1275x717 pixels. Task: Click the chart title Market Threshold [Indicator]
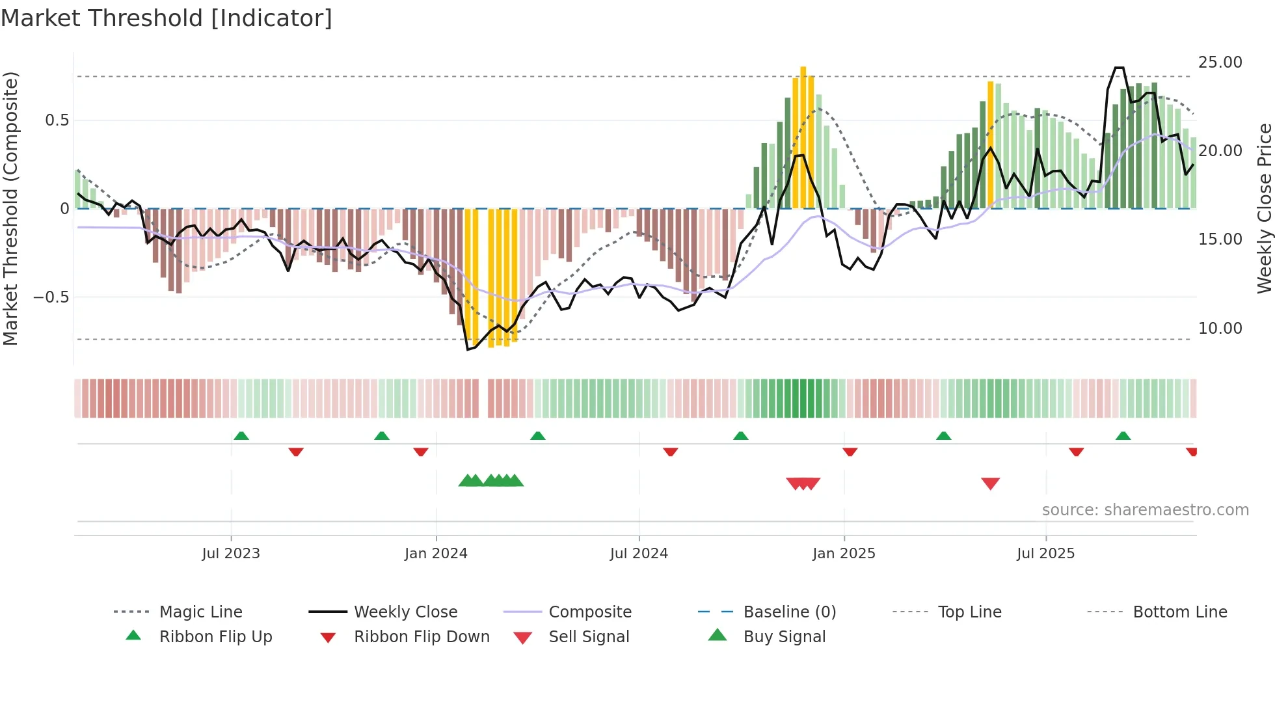pos(167,18)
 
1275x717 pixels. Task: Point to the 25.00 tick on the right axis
pos(1220,62)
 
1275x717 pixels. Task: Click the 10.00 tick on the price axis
pos(1220,329)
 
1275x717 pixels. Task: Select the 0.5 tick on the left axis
pos(57,120)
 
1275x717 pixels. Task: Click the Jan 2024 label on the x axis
pos(436,554)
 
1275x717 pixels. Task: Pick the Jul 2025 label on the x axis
pos(1045,554)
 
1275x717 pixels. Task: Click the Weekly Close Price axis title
pos(1264,208)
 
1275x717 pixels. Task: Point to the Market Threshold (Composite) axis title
pos(10,208)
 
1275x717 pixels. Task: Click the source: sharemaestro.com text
pos(1145,510)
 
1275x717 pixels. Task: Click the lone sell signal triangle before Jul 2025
pos(990,483)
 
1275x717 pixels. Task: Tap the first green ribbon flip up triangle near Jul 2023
pos(241,436)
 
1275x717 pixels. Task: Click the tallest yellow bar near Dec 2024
pos(803,137)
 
